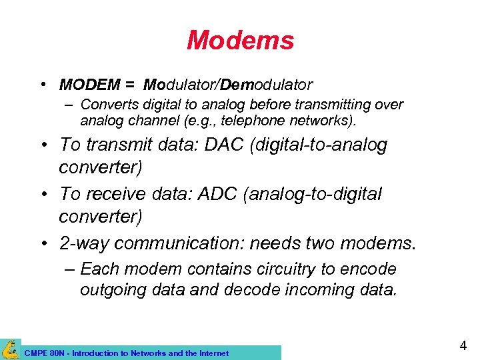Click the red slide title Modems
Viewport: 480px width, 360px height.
(240, 41)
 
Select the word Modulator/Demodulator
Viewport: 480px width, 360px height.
(228, 85)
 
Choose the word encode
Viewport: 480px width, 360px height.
(369, 269)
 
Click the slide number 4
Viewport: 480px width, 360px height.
(462, 346)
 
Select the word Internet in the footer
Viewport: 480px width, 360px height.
(213, 353)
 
